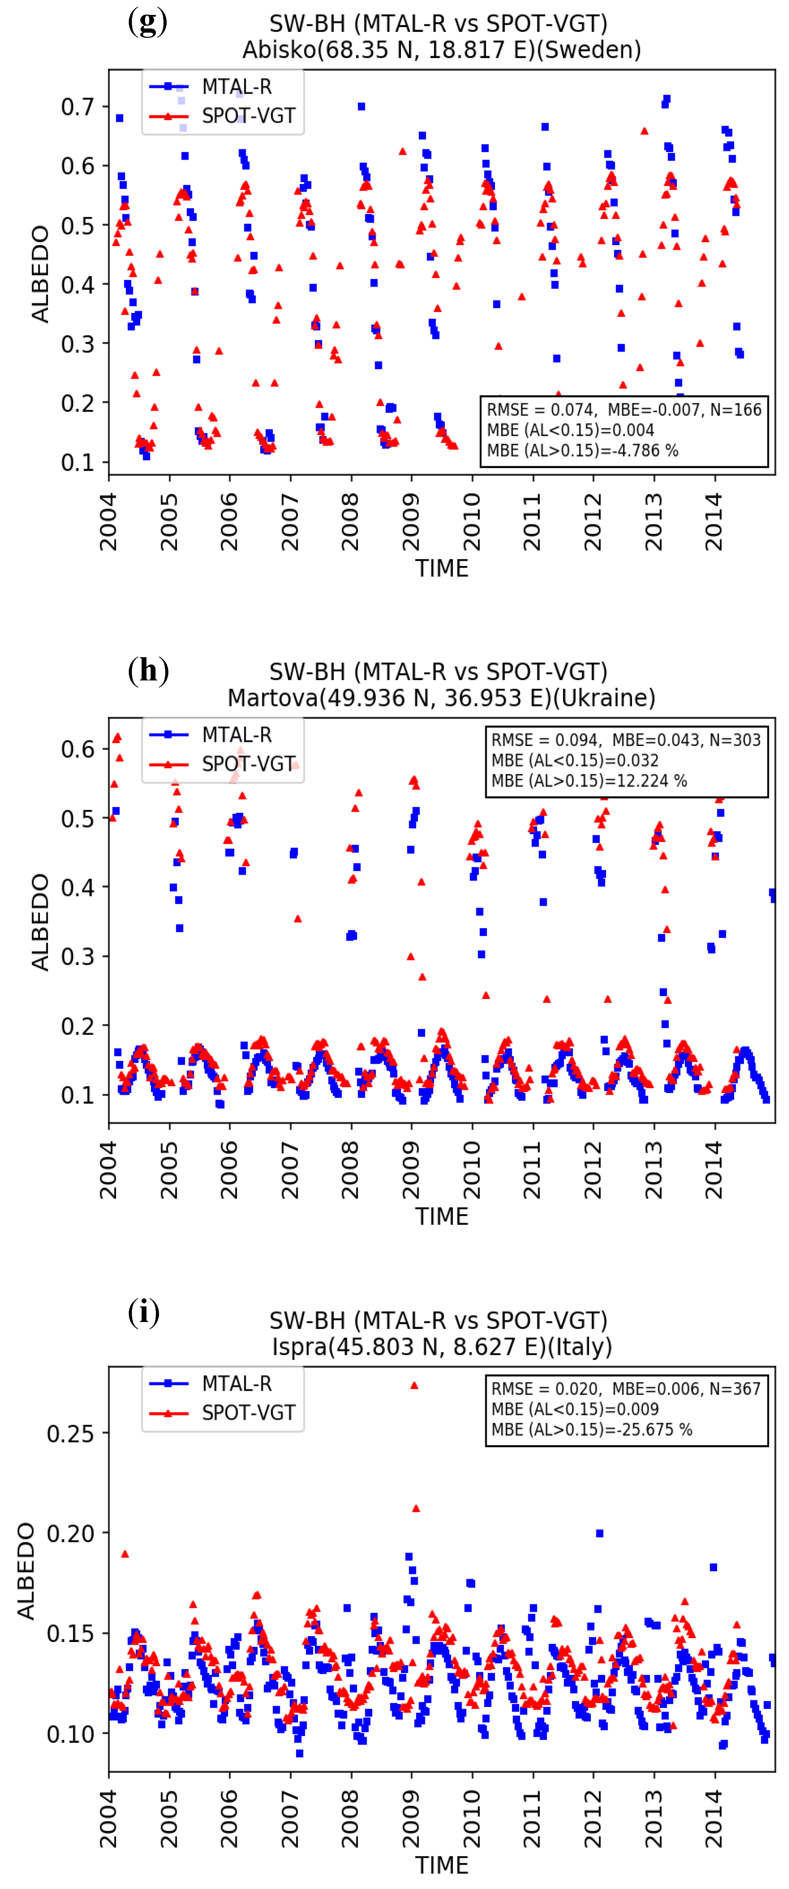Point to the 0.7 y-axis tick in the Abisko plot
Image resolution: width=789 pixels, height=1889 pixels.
pyautogui.click(x=77, y=107)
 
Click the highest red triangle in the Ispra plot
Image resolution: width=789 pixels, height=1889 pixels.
pyautogui.click(x=414, y=1385)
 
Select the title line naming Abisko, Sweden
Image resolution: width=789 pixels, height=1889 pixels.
pyautogui.click(x=442, y=50)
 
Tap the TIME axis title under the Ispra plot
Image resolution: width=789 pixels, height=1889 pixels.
pyautogui.click(x=442, y=1864)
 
